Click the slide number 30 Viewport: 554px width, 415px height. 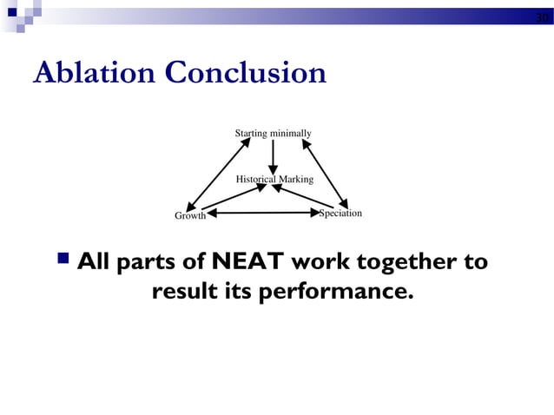coord(541,18)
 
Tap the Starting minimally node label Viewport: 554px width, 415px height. coord(273,133)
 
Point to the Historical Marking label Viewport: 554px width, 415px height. coord(274,179)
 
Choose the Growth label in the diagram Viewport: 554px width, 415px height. coord(190,215)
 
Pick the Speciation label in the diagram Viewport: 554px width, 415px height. coord(340,213)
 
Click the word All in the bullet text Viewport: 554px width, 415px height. coord(94,261)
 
